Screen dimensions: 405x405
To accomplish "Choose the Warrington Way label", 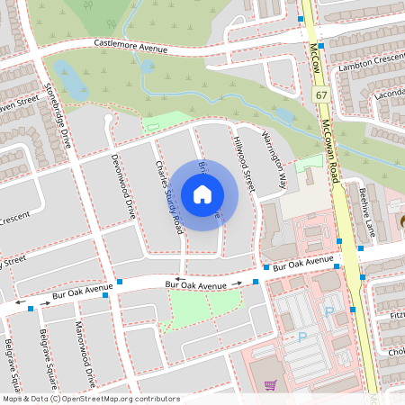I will pos(274,161).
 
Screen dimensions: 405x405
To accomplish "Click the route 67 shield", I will pos(321,94).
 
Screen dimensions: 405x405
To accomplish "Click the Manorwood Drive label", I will pos(85,346).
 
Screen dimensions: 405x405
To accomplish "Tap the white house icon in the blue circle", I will pos(202,193).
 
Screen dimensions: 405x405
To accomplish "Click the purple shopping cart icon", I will pos(269,386).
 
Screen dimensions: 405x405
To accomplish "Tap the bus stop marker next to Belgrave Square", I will pos(31,309).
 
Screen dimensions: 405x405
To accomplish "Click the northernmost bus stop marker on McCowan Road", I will pos(300,18).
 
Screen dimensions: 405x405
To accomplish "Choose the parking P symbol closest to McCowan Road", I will pos(328,311).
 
